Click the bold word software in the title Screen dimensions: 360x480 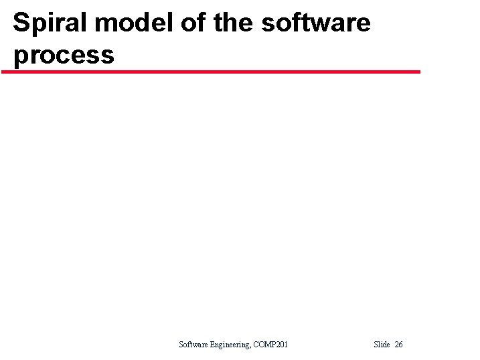[315, 23]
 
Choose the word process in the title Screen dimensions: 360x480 [64, 55]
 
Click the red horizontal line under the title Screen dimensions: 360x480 [211, 72]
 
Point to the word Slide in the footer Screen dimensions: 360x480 [382, 345]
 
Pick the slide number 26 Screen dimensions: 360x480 [399, 345]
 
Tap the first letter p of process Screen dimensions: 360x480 [20, 56]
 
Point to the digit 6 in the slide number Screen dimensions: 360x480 [401, 345]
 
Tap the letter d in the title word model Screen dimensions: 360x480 [141, 23]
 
